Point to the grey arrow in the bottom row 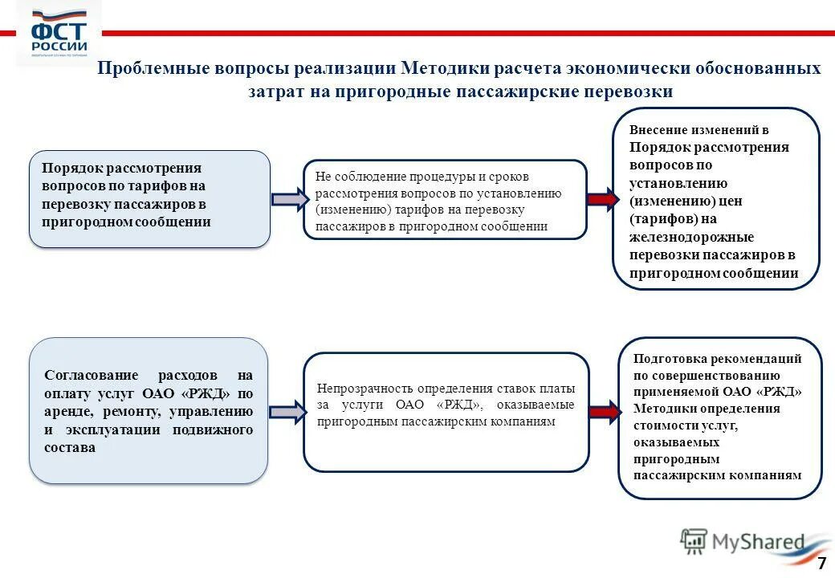(287, 413)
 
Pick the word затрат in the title (275, 92)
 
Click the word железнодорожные (691, 237)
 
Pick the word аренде (68, 412)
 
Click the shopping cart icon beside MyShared (693, 542)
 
